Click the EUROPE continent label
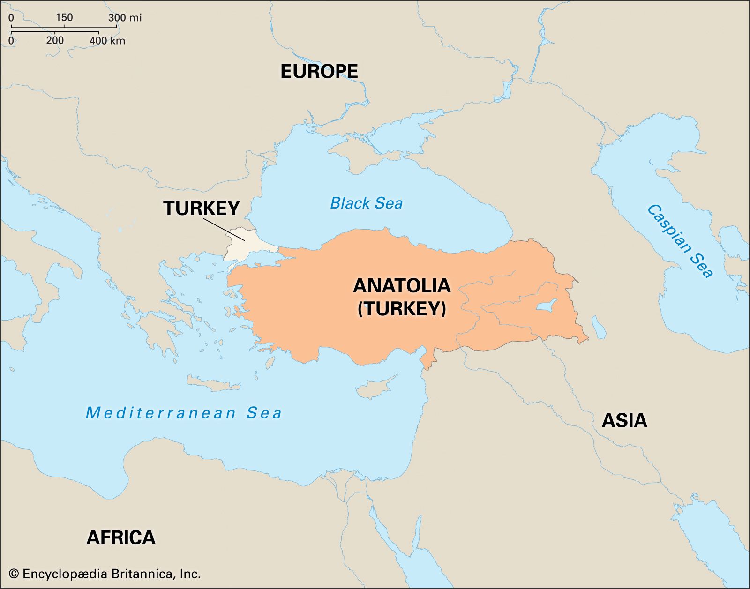click(319, 71)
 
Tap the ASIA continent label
click(624, 420)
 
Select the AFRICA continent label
click(120, 537)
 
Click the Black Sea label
click(366, 203)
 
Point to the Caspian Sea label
click(680, 241)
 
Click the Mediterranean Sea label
click(184, 413)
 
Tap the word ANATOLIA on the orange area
click(401, 285)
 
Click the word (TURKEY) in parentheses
click(401, 308)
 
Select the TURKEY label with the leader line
click(201, 208)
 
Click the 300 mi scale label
click(125, 18)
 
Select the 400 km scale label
click(107, 41)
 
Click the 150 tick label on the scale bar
click(64, 18)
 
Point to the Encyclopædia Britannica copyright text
click(105, 574)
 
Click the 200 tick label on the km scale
click(55, 41)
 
